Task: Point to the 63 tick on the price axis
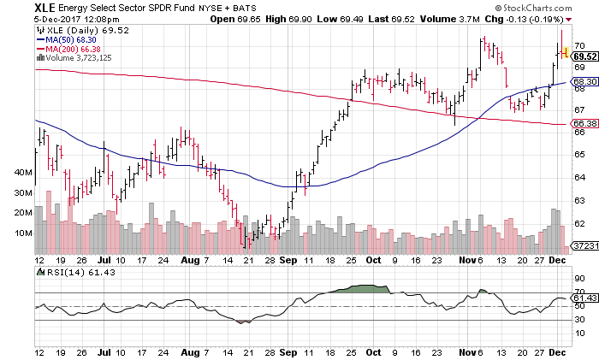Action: tap(578, 200)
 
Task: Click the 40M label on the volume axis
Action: tap(23, 172)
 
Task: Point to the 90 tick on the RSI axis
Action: tap(578, 279)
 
